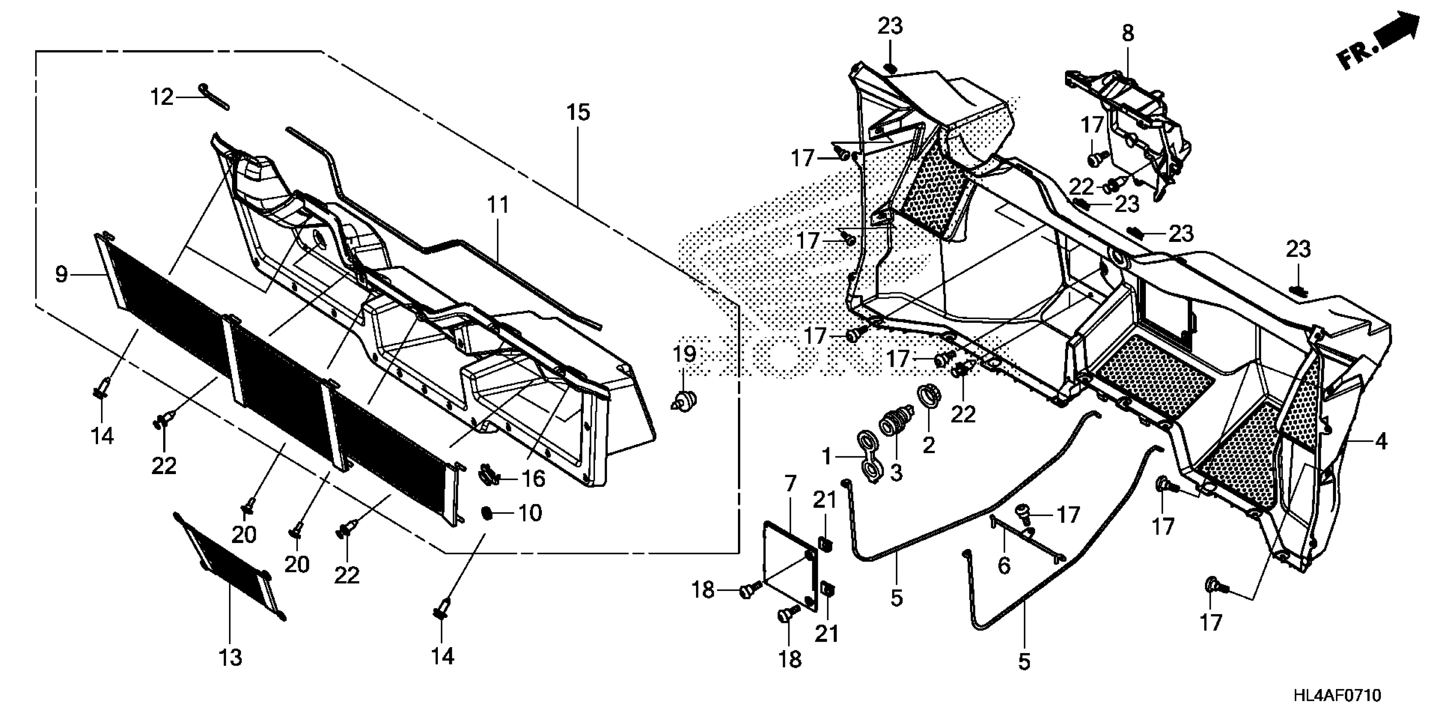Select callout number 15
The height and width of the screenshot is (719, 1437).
coord(578,113)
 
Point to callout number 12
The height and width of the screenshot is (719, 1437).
coord(162,98)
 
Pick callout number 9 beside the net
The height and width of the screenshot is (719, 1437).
coord(61,274)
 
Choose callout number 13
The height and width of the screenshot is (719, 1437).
coord(230,658)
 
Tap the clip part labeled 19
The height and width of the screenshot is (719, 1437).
coord(684,400)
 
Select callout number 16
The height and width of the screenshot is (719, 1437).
coord(533,478)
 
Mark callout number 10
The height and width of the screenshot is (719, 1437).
coord(530,513)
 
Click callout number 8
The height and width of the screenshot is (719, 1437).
coord(1127,33)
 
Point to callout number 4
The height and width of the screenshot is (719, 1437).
coord(1380,442)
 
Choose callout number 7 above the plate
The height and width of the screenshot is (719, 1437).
coord(790,483)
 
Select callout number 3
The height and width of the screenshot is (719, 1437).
coord(896,473)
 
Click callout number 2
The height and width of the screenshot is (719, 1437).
coord(928,445)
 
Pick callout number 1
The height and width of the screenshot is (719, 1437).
coord(827,457)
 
